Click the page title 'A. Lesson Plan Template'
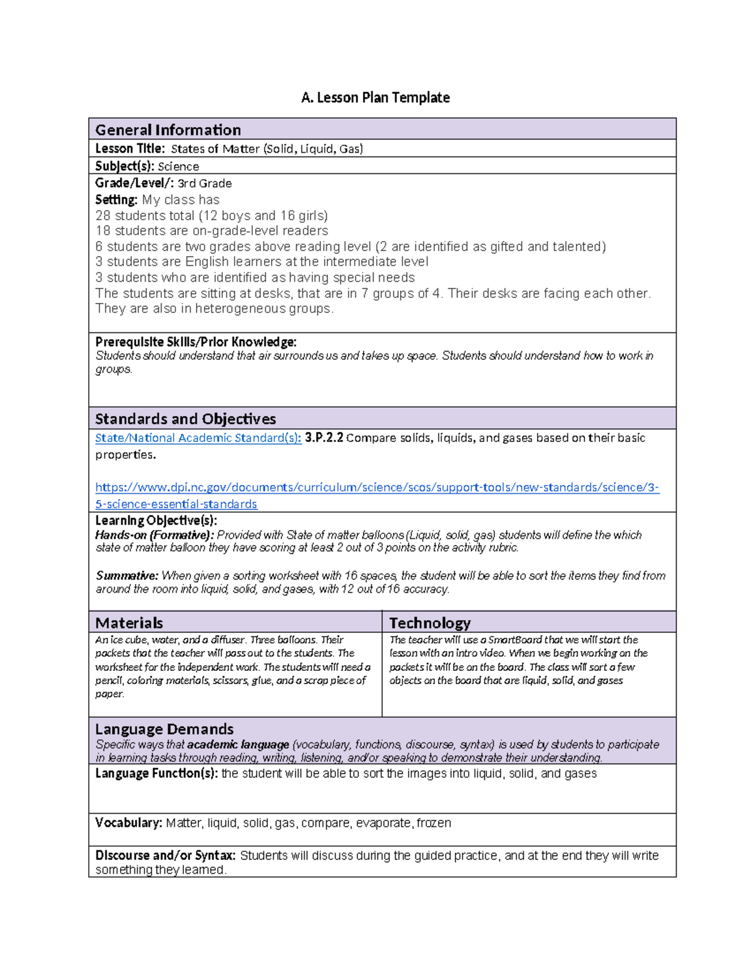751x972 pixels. pos(375,98)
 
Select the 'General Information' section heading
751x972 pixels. pos(168,130)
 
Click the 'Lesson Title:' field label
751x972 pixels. pos(130,148)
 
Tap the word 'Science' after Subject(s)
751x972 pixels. pos(178,166)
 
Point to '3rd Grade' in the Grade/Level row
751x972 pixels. pos(205,183)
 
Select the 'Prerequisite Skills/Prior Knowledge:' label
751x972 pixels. pos(195,342)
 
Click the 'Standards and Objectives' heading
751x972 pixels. pos(185,419)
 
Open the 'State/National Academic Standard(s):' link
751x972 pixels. pos(198,438)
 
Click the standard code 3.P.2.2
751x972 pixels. pos(324,438)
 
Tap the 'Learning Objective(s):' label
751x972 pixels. pos(156,521)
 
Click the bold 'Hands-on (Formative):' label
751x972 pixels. pos(155,535)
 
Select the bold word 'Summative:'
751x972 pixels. pos(126,576)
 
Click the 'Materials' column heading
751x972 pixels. pos(129,623)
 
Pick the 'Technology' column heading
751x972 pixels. pos(429,623)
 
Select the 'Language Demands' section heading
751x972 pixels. pos(164,729)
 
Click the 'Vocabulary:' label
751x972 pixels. pos(128,823)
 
